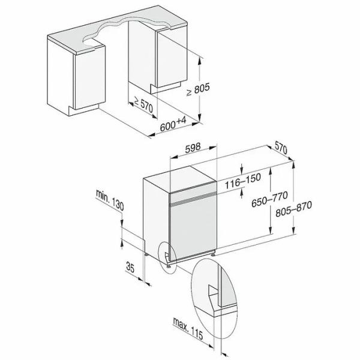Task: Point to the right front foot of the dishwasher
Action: pos(212,256)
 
